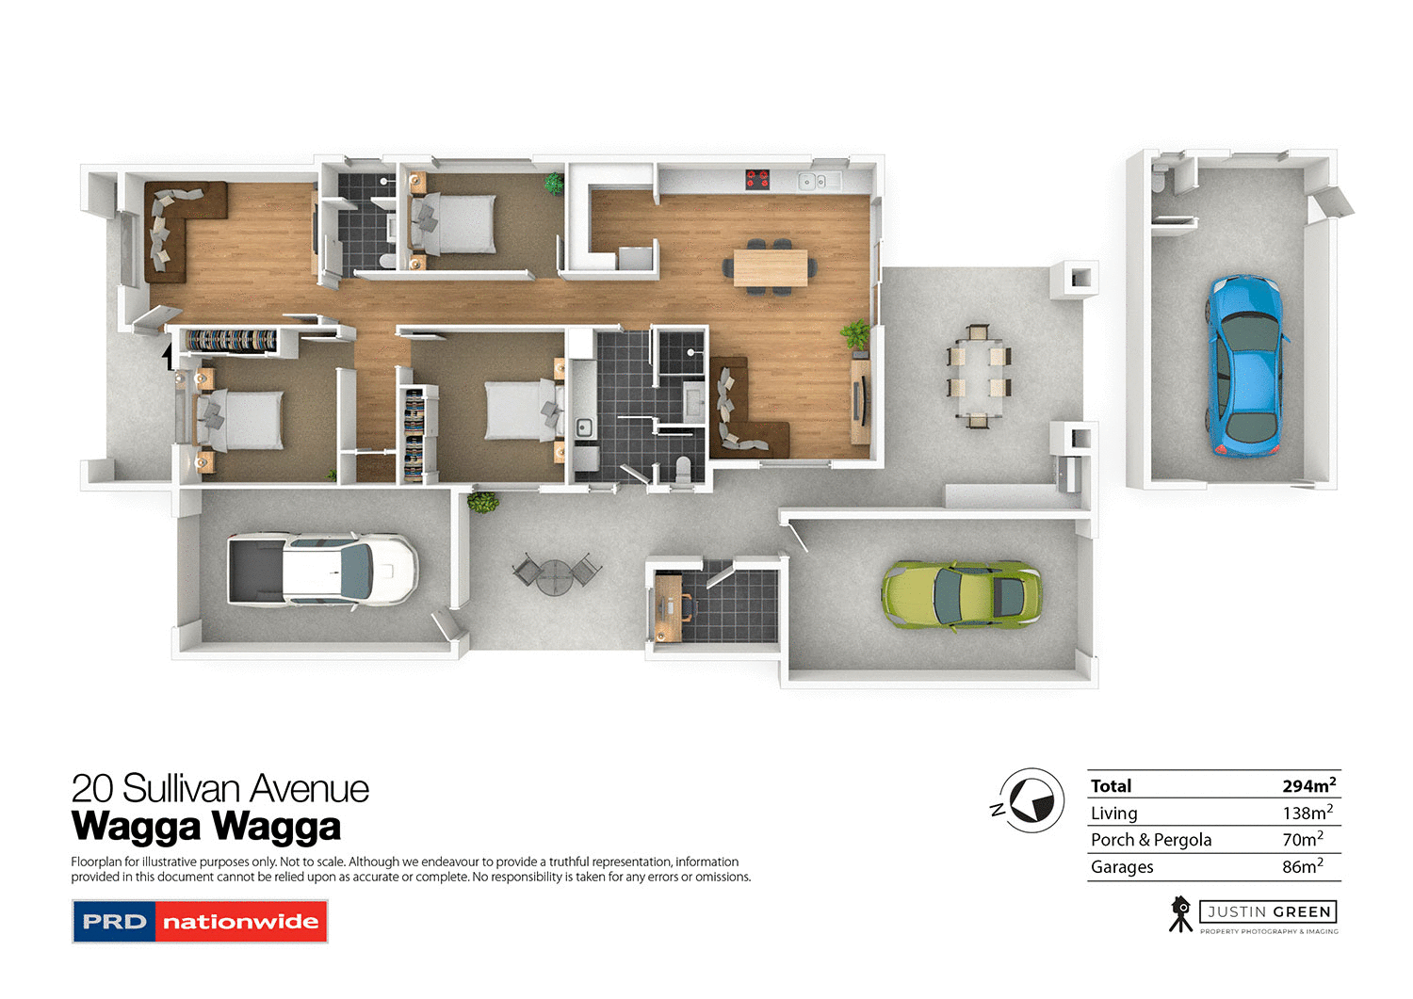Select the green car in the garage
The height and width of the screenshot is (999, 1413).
[x=961, y=595]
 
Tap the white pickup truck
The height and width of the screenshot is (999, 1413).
[x=322, y=570]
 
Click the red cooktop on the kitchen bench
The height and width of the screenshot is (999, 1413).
[x=757, y=178]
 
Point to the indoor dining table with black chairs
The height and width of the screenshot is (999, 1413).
[x=771, y=267]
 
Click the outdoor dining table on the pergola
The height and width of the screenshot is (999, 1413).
[x=979, y=375]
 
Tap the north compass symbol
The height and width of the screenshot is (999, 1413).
[x=1031, y=800]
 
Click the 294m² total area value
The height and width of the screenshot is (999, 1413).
[x=1308, y=785]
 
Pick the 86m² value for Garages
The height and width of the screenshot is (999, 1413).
[x=1302, y=866]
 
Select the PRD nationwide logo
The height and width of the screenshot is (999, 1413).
[x=200, y=922]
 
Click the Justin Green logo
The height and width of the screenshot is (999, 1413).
[x=1254, y=914]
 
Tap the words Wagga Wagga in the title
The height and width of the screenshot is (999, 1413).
[x=206, y=827]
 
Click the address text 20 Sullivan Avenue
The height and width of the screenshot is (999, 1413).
[x=220, y=788]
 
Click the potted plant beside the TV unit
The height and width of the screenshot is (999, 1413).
[x=856, y=334]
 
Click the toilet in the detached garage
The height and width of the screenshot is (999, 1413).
[x=1160, y=179]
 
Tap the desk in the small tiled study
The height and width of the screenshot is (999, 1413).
[x=668, y=605]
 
